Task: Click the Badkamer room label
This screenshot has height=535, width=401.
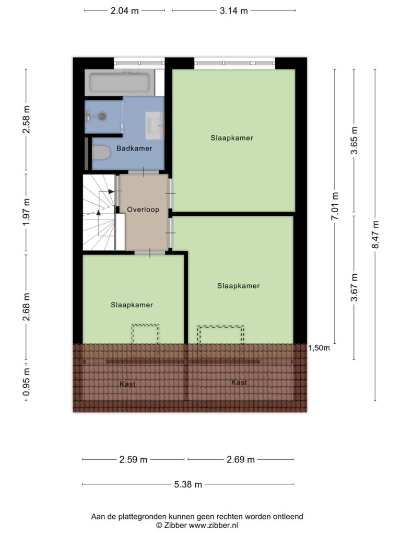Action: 134,148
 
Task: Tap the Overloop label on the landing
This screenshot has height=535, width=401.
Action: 143,210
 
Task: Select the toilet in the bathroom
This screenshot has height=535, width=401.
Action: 101,153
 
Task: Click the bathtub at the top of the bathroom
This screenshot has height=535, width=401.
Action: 120,83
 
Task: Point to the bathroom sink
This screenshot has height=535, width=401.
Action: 155,125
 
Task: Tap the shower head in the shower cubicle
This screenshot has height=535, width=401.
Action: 102,117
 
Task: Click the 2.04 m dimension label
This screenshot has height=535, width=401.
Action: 124,10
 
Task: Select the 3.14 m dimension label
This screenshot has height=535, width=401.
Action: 233,10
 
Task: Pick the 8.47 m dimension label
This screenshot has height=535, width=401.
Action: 375,235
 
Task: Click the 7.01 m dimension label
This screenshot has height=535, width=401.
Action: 335,206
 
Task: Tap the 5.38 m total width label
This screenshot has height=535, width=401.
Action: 188,484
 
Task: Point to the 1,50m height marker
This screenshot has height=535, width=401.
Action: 319,348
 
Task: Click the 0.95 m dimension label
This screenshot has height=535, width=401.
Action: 26,382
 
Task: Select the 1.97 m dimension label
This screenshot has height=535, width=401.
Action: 26,212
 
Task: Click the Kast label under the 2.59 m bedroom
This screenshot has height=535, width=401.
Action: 127,384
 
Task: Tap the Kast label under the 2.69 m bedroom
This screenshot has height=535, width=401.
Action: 239,382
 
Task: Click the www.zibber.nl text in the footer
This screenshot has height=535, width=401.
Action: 214,526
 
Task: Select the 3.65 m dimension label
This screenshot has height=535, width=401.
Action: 355,140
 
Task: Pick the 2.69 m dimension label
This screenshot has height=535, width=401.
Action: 241,460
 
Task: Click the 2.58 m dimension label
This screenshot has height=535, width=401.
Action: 26,120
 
